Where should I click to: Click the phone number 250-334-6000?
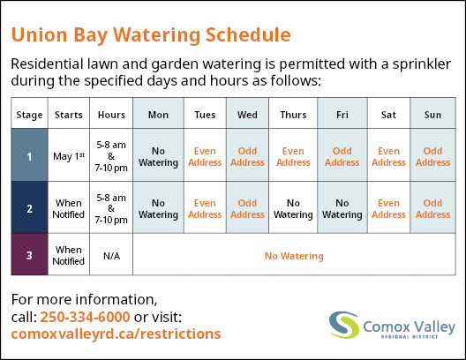tap(85, 317)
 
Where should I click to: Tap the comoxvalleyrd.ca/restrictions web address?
tap(116, 334)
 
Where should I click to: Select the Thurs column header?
tap(293, 115)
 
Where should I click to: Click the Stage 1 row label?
tap(29, 155)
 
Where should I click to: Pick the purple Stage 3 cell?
tap(29, 254)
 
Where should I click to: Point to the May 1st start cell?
tap(69, 156)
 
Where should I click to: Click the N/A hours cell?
tap(111, 256)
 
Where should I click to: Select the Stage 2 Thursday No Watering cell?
tap(293, 208)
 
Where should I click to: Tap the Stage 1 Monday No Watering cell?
tap(158, 156)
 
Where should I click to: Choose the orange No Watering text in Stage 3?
tap(294, 256)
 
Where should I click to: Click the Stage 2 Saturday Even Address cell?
tap(388, 208)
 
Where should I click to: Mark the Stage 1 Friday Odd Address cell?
tap(342, 156)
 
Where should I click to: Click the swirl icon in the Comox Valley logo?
tap(344, 325)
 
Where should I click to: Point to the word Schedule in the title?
tap(248, 34)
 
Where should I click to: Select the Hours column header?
tap(111, 115)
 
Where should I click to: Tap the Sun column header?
tap(432, 115)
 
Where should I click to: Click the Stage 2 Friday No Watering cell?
tap(342, 208)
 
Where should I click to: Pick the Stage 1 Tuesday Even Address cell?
tap(205, 156)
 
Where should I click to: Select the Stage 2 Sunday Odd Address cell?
tap(432, 208)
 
